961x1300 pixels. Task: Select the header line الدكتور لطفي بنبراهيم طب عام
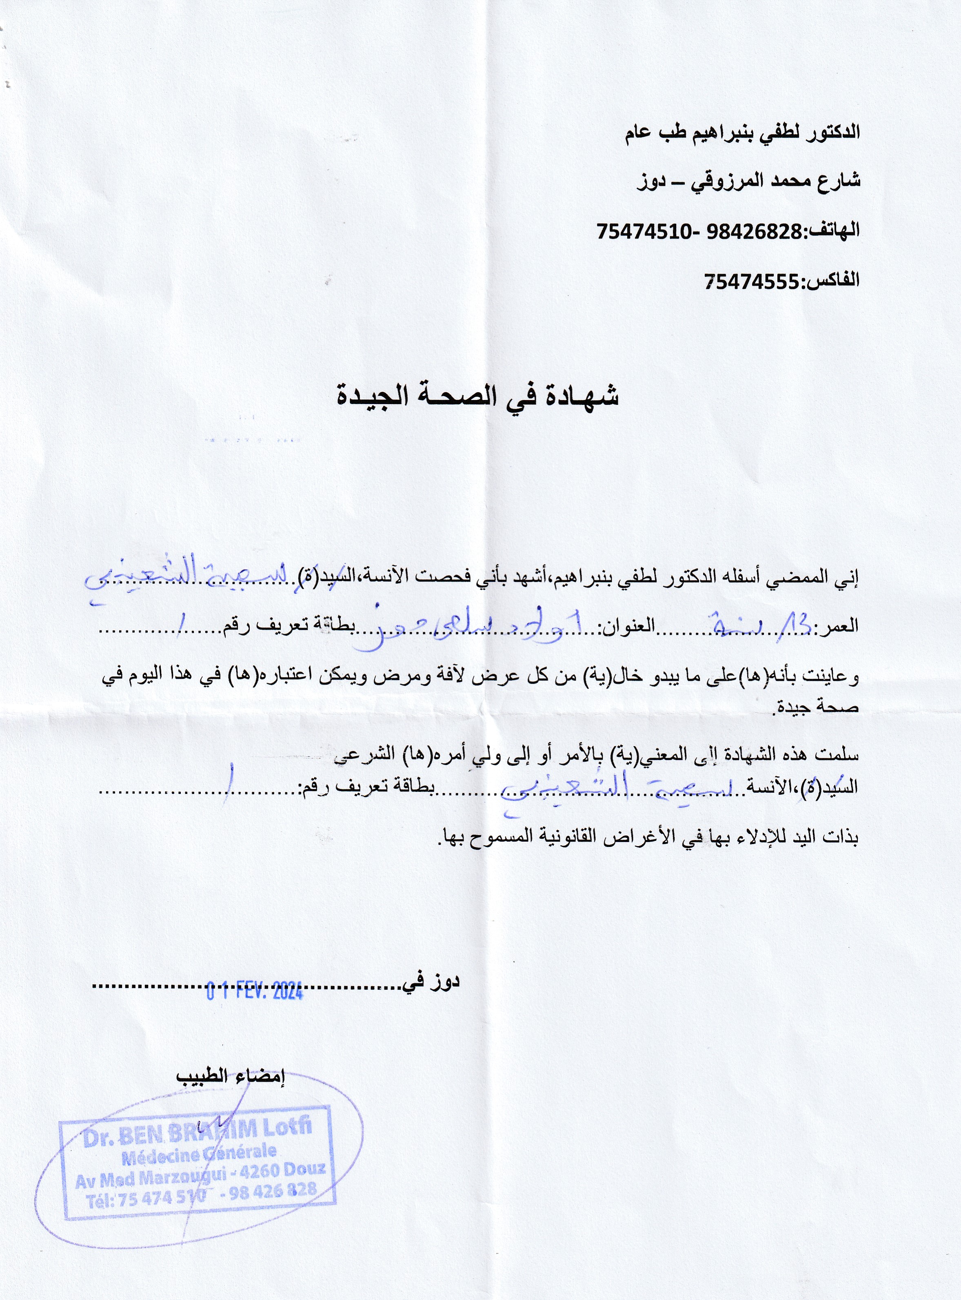[742, 133]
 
